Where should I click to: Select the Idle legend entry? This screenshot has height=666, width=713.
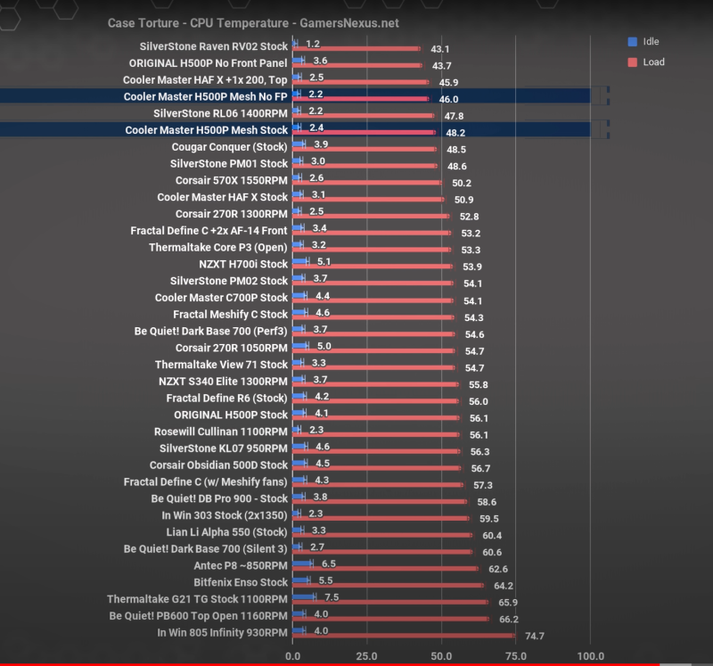click(650, 42)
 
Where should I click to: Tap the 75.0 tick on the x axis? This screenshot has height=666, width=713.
click(515, 656)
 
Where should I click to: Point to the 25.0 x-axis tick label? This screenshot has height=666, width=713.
click(366, 656)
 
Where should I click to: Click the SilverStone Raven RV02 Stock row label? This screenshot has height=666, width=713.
click(214, 46)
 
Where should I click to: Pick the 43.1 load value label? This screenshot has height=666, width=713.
click(439, 49)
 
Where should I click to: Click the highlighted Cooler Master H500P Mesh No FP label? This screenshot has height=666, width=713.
click(206, 96)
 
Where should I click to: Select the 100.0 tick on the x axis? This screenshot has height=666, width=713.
click(589, 656)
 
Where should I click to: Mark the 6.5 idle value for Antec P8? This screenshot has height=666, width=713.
click(328, 564)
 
